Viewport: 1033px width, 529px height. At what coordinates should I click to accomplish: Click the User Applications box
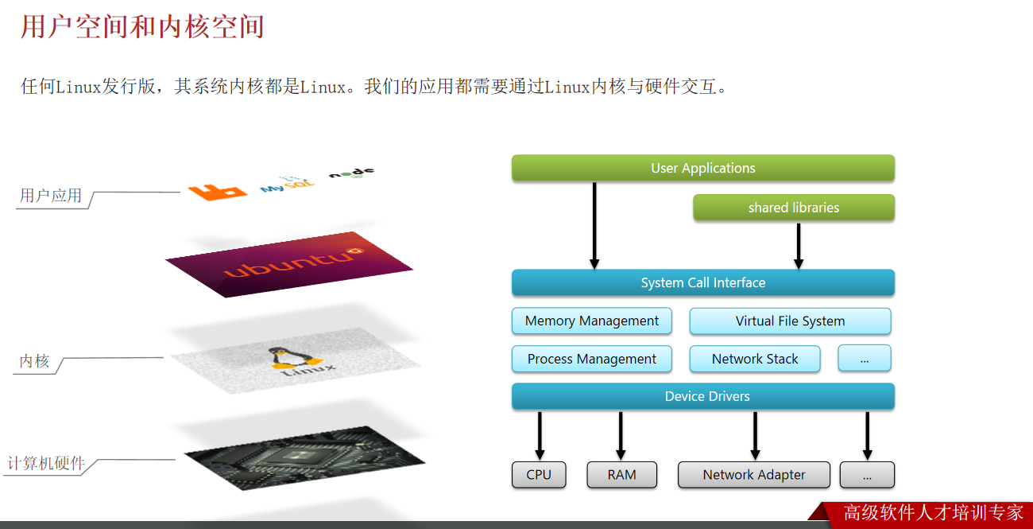(x=702, y=168)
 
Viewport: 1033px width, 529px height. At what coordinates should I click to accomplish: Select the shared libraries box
(x=793, y=208)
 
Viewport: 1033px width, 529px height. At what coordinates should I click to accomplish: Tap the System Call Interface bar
(x=702, y=283)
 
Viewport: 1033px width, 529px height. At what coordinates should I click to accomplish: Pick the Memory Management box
(x=591, y=321)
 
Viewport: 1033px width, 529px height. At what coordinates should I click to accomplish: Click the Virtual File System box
(x=790, y=321)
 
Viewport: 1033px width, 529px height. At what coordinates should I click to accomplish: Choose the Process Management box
(x=591, y=359)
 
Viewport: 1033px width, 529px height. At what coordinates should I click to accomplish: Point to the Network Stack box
(x=754, y=359)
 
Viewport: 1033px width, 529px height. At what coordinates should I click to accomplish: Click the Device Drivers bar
(x=702, y=396)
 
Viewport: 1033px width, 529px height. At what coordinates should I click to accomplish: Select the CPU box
(x=539, y=475)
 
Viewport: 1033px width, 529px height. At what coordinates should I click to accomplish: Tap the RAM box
(x=621, y=475)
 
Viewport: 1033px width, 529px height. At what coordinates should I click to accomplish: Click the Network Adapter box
(x=753, y=475)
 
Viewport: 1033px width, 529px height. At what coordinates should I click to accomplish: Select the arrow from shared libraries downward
(x=799, y=246)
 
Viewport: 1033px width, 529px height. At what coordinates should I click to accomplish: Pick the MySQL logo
(x=286, y=185)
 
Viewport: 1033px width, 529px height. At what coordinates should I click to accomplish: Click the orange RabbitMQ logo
(x=216, y=191)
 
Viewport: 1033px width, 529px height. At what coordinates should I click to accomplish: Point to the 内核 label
(x=34, y=362)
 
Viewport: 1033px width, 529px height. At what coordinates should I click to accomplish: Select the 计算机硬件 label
(x=46, y=463)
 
